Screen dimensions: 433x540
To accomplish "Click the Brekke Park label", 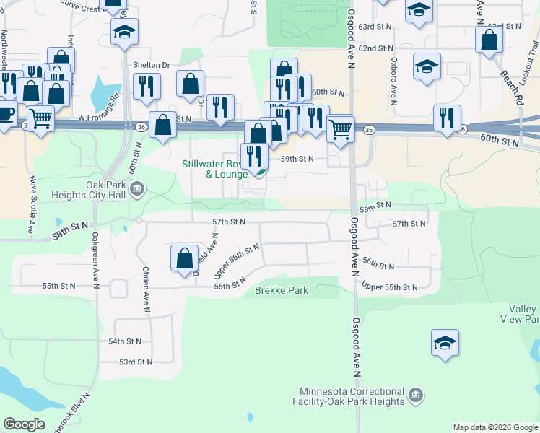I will tap(282, 291).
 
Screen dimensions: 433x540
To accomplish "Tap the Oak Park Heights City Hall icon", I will tap(139, 190).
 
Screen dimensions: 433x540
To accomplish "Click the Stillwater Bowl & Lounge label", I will tap(215, 169).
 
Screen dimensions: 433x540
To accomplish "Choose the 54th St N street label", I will tap(126, 341).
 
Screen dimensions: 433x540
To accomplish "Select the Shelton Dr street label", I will tap(151, 64).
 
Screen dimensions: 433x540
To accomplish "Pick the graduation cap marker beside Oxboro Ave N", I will tap(427, 66).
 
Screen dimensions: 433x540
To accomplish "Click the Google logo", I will tap(24, 424).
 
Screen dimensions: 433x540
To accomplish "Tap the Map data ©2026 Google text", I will tap(494, 427).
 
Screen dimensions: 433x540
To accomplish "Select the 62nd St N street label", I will tap(375, 48).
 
